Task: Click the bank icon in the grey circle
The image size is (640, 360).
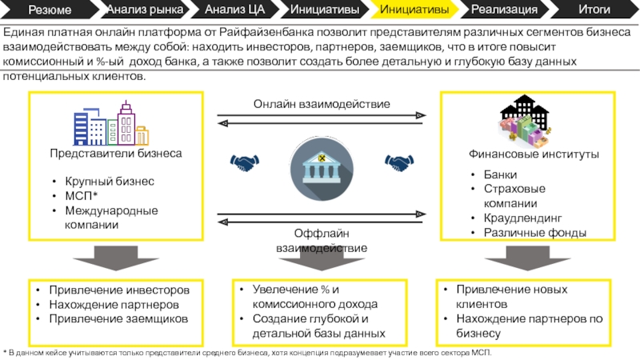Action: pyautogui.click(x=320, y=166)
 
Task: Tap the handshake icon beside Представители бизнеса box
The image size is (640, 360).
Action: pyautogui.click(x=245, y=162)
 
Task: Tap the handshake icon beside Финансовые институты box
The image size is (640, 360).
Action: pyautogui.click(x=398, y=162)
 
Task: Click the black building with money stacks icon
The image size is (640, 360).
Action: pyautogui.click(x=524, y=119)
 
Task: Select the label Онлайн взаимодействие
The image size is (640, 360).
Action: pyautogui.click(x=322, y=105)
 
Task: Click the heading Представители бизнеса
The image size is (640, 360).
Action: pyautogui.click(x=116, y=153)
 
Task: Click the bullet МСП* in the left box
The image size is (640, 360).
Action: pyautogui.click(x=82, y=196)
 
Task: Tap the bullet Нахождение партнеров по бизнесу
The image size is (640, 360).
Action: pyautogui.click(x=529, y=326)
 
